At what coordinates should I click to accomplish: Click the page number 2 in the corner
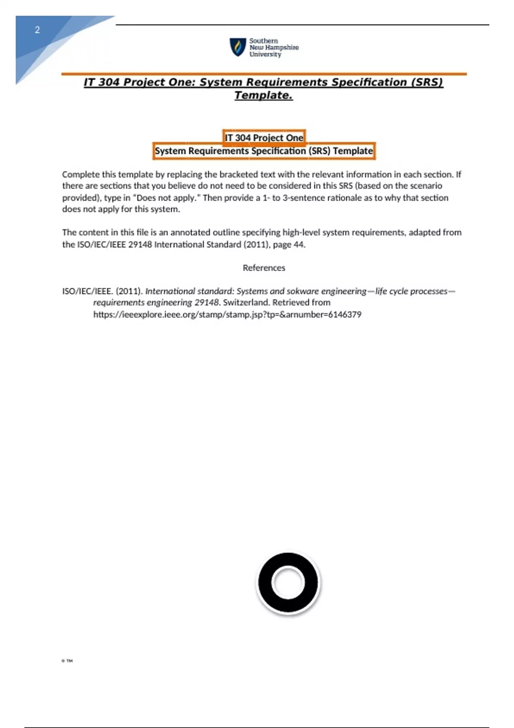click(37, 30)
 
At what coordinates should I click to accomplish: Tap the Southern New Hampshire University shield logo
click(237, 47)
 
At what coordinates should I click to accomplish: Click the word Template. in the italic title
click(263, 95)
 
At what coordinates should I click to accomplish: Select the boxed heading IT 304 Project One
click(264, 138)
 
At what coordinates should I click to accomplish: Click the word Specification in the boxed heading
click(278, 151)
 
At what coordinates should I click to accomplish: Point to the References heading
click(264, 268)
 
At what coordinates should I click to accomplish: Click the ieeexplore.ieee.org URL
click(227, 315)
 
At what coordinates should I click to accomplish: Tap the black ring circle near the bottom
click(288, 582)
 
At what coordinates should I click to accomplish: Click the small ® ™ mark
click(67, 661)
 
